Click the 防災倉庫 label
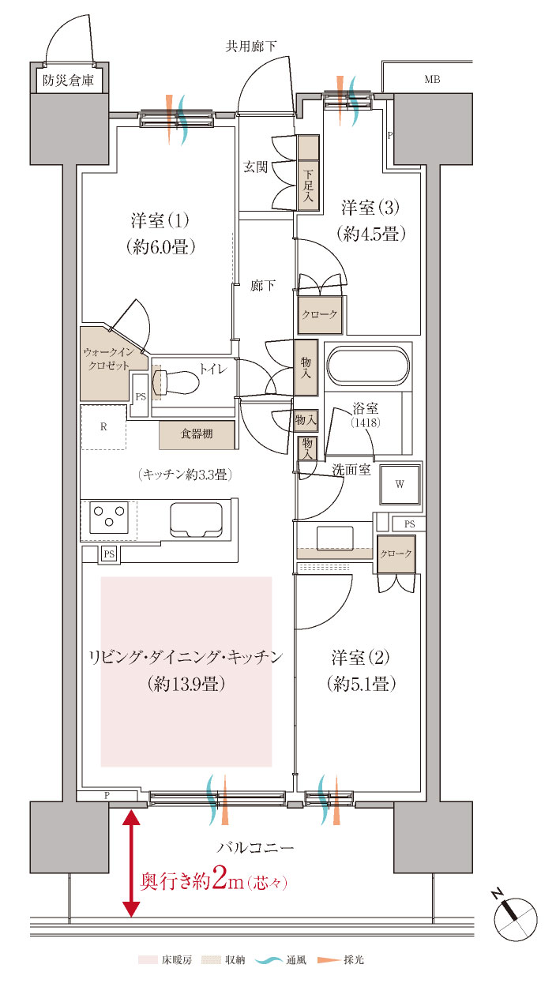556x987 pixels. pyautogui.click(x=69, y=79)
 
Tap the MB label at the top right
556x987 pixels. pyautogui.click(x=432, y=79)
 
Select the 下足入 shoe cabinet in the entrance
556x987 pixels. pyautogui.click(x=308, y=186)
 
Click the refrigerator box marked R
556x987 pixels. pyautogui.click(x=103, y=427)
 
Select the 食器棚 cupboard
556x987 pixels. pyautogui.click(x=197, y=434)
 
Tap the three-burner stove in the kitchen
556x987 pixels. pyautogui.click(x=109, y=519)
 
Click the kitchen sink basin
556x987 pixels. pyautogui.click(x=196, y=518)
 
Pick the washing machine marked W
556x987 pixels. pyautogui.click(x=400, y=484)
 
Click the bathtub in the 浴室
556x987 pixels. pyautogui.click(x=368, y=368)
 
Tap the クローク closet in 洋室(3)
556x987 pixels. pyautogui.click(x=319, y=314)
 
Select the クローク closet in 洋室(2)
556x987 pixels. pyautogui.click(x=396, y=554)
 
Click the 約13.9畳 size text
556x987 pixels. pyautogui.click(x=187, y=684)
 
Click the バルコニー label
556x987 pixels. pyautogui.click(x=255, y=848)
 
